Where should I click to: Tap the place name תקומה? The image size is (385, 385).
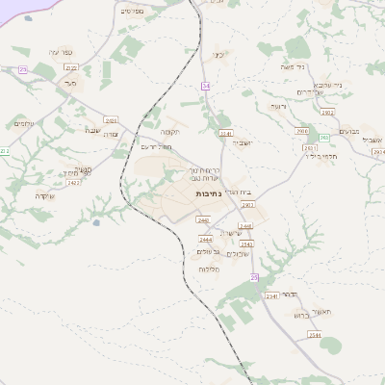pyautogui.click(x=171, y=131)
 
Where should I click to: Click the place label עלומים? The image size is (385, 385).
pyautogui.click(x=23, y=123)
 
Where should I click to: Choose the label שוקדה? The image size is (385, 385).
pyautogui.click(x=44, y=195)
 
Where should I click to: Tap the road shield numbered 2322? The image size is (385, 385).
pyautogui.click(x=70, y=67)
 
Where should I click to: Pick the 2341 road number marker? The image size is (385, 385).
pyautogui.click(x=226, y=133)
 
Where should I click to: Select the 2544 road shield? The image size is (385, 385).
pyautogui.click(x=315, y=335)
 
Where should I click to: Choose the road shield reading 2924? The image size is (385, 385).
pyautogui.click(x=377, y=151)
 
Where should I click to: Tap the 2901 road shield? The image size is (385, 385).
pyautogui.click(x=248, y=205)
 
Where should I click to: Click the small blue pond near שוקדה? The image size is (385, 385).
pyautogui.click(x=94, y=223)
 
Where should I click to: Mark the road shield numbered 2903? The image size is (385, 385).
pyautogui.click(x=301, y=131)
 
